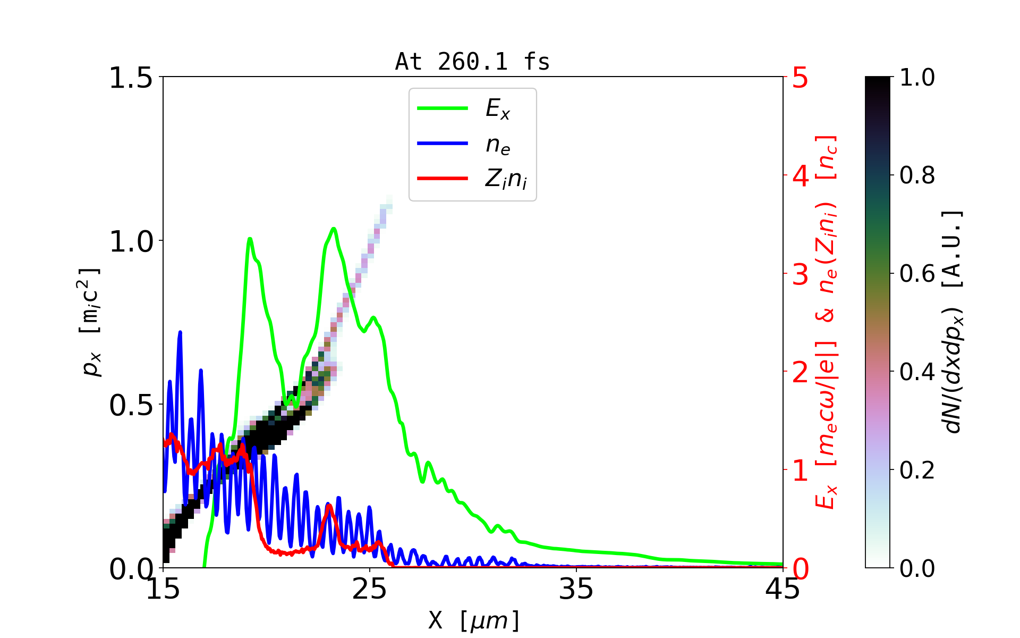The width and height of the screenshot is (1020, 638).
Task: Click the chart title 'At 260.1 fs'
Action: click(x=472, y=62)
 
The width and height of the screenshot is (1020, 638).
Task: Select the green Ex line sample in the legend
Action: click(x=443, y=108)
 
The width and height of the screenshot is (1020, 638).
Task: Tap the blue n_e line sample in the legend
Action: click(x=443, y=144)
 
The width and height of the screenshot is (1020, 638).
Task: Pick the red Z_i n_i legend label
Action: click(x=506, y=179)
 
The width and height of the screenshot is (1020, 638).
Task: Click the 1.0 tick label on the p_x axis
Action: click(x=130, y=241)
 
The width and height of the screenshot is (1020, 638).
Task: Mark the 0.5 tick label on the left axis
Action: click(x=130, y=405)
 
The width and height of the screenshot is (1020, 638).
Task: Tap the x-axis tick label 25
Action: click(x=370, y=589)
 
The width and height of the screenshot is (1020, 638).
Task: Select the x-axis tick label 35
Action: click(x=576, y=589)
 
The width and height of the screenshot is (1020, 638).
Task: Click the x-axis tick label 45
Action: click(x=783, y=589)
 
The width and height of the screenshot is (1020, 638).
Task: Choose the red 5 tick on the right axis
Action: click(x=801, y=78)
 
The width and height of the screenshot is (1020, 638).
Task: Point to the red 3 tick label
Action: click(x=801, y=274)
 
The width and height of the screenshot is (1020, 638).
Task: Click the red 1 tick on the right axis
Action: click(x=801, y=471)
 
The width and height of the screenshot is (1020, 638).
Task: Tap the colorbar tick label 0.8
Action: click(x=917, y=175)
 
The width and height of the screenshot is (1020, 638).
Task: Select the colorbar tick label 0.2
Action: click(x=917, y=470)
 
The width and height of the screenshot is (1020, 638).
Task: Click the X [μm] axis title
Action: click(x=473, y=620)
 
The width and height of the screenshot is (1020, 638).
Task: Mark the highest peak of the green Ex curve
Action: click(x=333, y=229)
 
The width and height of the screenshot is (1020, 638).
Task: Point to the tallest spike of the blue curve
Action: click(x=180, y=332)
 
